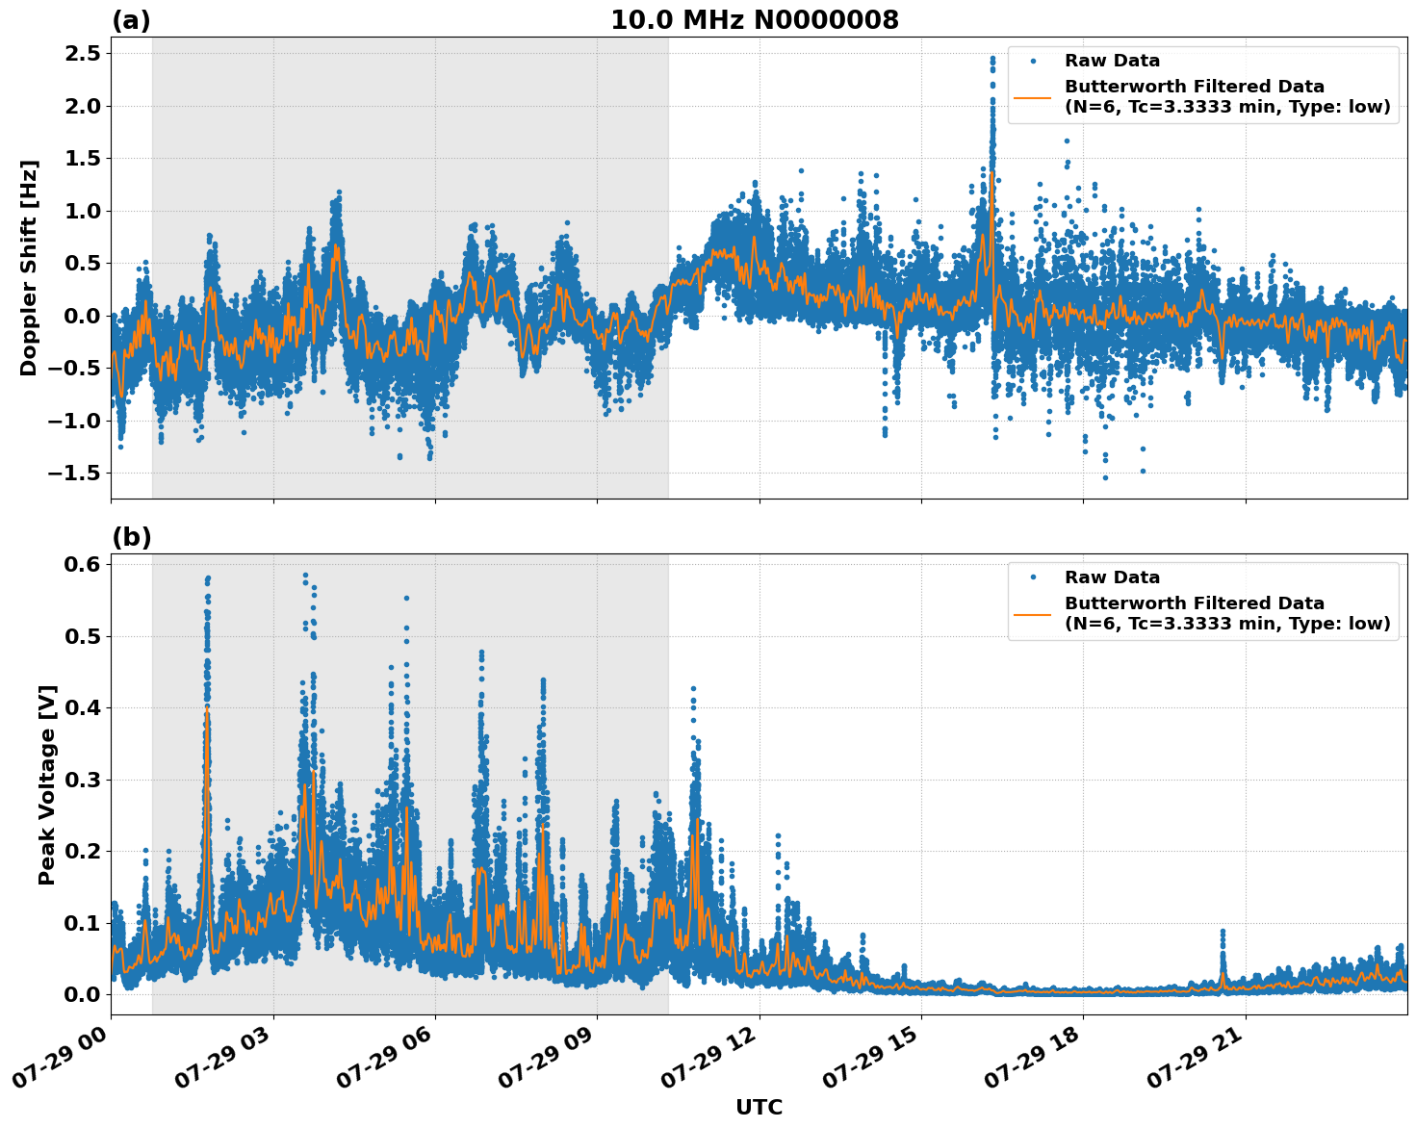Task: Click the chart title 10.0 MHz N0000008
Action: [754, 20]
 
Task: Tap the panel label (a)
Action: [131, 20]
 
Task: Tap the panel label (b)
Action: [132, 537]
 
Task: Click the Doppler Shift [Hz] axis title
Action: [29, 268]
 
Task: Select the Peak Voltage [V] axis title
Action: [47, 784]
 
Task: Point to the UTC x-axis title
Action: [759, 1107]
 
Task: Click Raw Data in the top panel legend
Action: [1112, 61]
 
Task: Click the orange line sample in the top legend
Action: [1032, 96]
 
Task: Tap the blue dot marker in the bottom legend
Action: [1033, 577]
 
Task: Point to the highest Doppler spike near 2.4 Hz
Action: [992, 59]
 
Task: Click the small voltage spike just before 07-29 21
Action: [1223, 932]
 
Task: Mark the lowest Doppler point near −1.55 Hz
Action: [1105, 477]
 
